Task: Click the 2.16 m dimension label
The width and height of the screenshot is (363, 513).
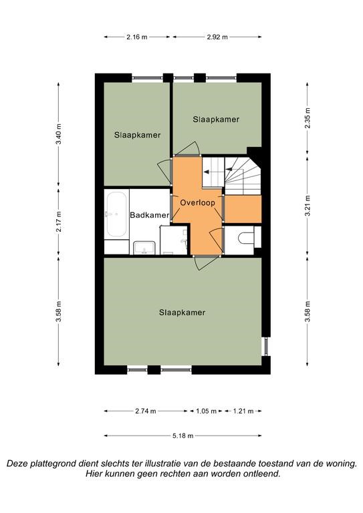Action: pyautogui.click(x=137, y=37)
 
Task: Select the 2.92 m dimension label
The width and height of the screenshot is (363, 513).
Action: pyautogui.click(x=217, y=37)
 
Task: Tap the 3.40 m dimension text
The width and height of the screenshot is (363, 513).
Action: pyautogui.click(x=58, y=134)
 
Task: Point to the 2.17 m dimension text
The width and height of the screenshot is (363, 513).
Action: pyautogui.click(x=58, y=222)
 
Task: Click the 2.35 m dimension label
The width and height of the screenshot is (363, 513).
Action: pyautogui.click(x=307, y=118)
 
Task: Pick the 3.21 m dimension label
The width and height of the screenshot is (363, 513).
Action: pyautogui.click(x=307, y=206)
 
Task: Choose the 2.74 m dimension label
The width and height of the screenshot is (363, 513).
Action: pyautogui.click(x=146, y=411)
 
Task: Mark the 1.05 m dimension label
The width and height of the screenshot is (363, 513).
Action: pyautogui.click(x=206, y=411)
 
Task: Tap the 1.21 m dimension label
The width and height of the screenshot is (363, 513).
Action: pyautogui.click(x=243, y=411)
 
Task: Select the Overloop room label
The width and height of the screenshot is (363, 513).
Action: pyautogui.click(x=198, y=203)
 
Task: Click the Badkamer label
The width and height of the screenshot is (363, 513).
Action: pyautogui.click(x=150, y=215)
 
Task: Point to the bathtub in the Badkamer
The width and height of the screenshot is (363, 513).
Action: pyautogui.click(x=116, y=214)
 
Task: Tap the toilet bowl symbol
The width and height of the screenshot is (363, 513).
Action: pyautogui.click(x=246, y=238)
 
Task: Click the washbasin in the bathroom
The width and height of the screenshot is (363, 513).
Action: pyautogui.click(x=144, y=248)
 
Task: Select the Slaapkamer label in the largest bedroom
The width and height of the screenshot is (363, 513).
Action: pyautogui.click(x=183, y=313)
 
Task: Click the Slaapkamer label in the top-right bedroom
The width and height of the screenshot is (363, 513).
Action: pyautogui.click(x=216, y=120)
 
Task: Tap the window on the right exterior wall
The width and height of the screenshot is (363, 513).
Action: pyautogui.click(x=266, y=346)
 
